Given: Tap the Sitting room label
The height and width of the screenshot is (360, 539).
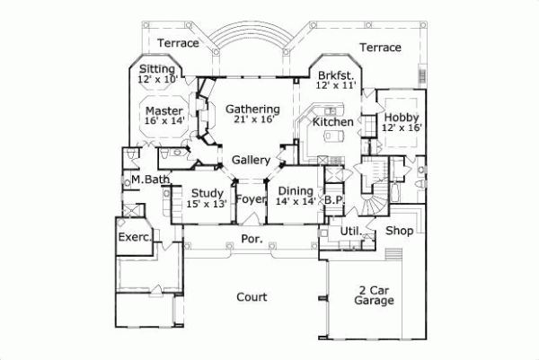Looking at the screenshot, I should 158,68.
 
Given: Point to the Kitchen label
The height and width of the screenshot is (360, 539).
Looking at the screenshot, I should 332,121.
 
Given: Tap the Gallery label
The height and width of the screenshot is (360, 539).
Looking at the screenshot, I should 252,160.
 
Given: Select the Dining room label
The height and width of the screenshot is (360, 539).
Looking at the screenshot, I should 296,191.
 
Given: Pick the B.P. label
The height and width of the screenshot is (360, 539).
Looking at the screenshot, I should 335,199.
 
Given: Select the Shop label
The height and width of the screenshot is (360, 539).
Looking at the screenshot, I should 399,231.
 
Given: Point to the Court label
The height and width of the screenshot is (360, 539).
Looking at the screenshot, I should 252,297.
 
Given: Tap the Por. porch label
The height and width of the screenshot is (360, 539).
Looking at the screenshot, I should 252,239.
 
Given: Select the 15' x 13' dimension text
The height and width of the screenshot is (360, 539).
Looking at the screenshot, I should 207,204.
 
